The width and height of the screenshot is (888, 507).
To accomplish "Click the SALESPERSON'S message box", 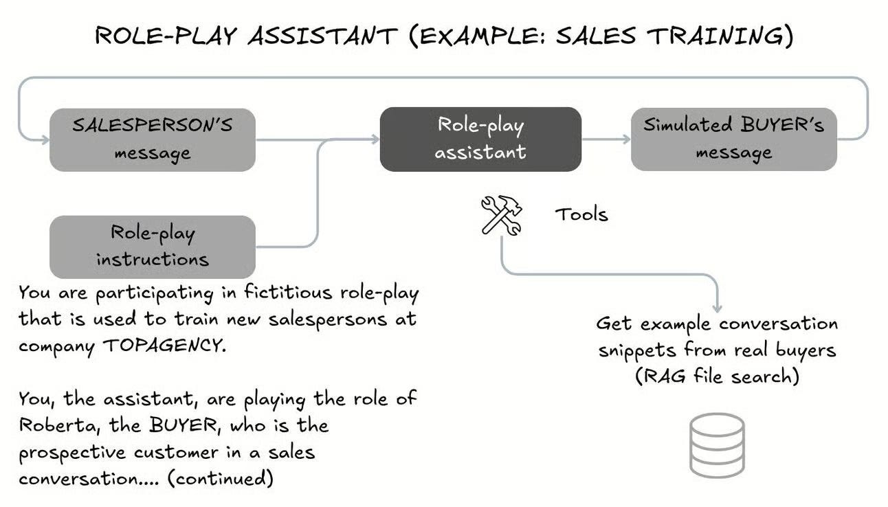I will coord(152,139).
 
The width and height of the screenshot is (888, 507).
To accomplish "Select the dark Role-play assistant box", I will coord(480,139).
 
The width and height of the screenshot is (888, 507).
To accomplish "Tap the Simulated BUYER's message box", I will coord(733,139).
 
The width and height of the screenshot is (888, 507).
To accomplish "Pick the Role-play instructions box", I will coord(152,246).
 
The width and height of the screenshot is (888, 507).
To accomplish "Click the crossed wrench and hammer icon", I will coord(501,214).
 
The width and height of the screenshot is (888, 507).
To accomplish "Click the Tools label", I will coord(581,214).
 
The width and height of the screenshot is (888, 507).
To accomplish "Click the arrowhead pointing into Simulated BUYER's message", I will coord(626,139).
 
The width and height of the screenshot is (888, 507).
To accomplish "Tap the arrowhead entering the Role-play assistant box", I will coord(375,139).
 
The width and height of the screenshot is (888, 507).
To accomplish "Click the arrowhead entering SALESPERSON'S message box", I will coord(45,139).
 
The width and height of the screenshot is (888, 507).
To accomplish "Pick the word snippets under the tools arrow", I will coord(636,350).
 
